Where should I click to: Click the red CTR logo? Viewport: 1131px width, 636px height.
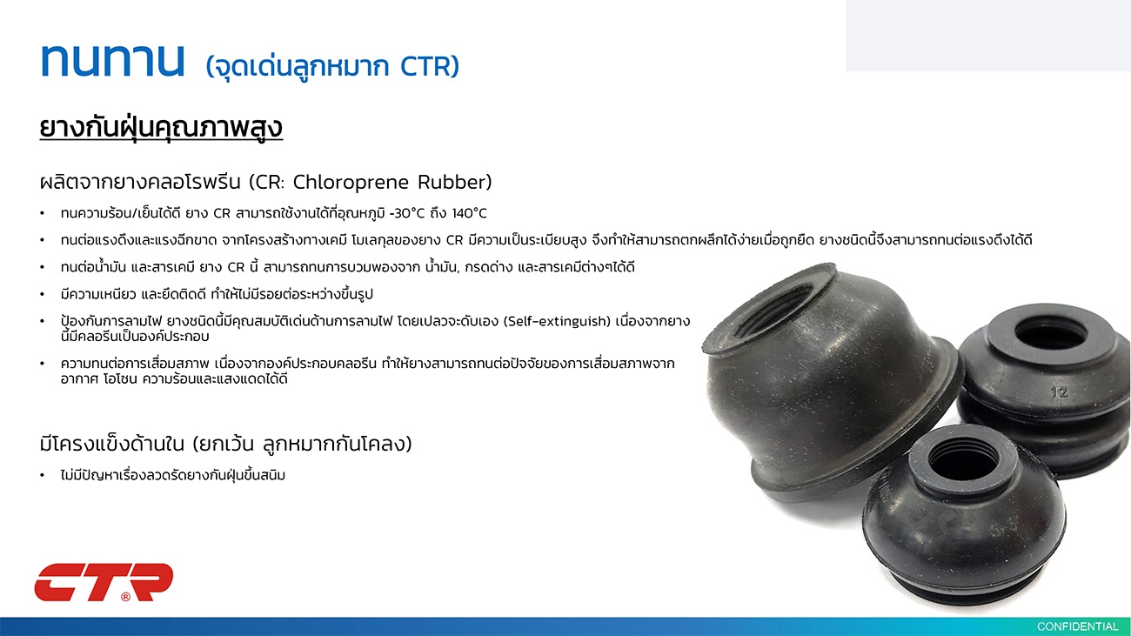104,583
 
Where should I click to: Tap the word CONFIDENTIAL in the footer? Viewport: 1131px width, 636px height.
1077,626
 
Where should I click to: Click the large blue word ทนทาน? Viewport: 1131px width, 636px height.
112,61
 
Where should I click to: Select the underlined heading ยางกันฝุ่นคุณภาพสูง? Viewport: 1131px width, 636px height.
161,128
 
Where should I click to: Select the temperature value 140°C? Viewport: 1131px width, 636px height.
470,213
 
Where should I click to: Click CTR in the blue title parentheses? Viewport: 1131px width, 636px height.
425,67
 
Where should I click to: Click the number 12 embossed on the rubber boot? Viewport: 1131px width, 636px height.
1059,392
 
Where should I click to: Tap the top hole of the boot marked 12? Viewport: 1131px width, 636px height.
1050,332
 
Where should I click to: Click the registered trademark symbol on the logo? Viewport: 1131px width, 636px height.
126,597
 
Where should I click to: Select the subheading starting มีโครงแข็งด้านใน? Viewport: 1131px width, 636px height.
225,445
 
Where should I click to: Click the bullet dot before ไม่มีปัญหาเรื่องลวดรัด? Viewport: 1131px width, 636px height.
43,476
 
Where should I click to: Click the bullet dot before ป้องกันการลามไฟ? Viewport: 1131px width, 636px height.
43,321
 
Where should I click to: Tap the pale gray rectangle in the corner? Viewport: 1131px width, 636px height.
988,36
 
